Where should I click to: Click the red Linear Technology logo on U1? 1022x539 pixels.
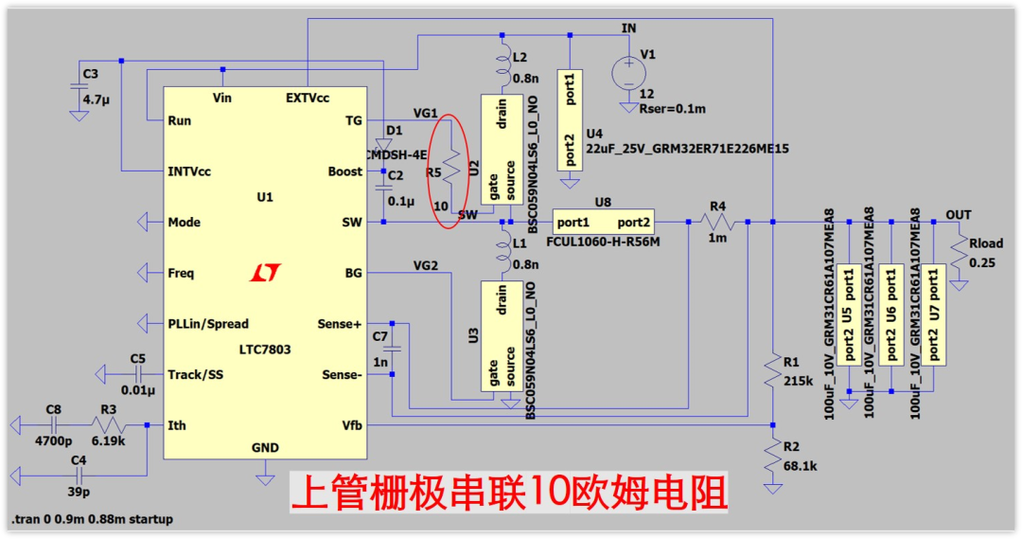(266, 273)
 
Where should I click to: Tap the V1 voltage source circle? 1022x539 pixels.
(626, 71)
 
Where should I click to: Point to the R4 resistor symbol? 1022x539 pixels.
(717, 222)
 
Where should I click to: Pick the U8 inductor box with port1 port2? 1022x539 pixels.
(603, 222)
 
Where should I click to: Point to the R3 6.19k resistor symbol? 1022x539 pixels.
(108, 425)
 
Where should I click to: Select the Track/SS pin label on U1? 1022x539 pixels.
(196, 374)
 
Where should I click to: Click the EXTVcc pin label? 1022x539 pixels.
(308, 98)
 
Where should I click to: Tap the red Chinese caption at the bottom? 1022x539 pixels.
(509, 494)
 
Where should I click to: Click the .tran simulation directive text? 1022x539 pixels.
(92, 520)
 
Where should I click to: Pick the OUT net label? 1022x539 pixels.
(959, 215)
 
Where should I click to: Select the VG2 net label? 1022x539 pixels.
(426, 264)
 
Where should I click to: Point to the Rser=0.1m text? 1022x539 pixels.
(674, 109)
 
